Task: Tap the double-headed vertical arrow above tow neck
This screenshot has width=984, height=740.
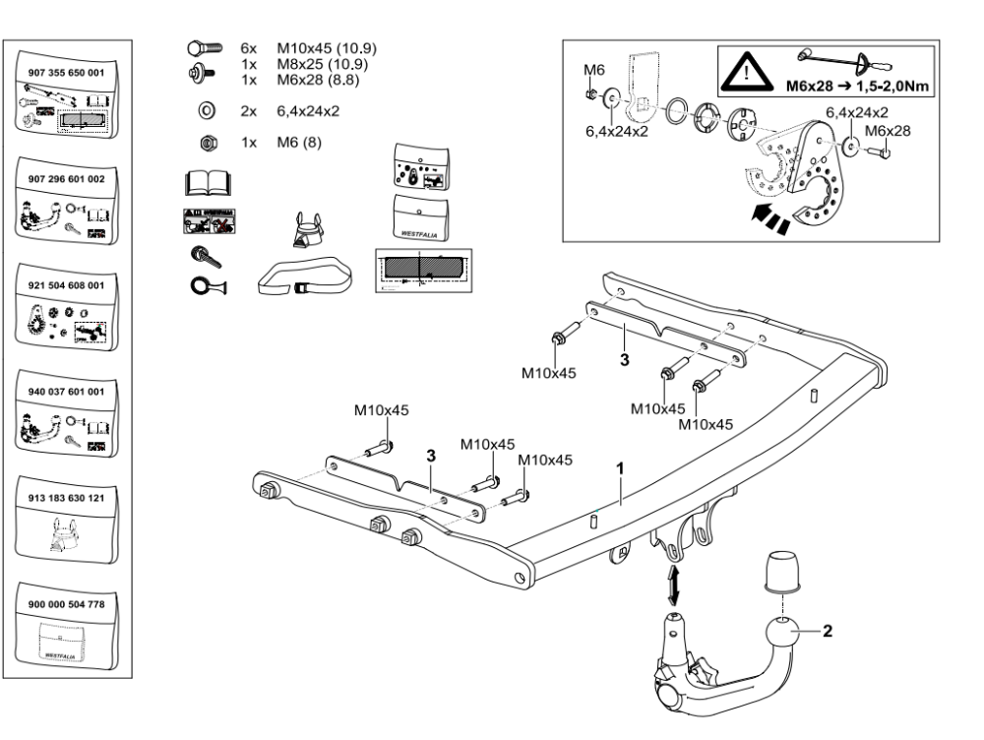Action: click(673, 585)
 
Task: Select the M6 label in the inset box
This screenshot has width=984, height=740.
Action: click(592, 69)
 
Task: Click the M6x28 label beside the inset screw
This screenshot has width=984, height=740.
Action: click(889, 128)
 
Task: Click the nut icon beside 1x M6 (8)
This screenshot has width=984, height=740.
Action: click(207, 144)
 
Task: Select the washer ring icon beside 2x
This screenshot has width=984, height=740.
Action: click(207, 111)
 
